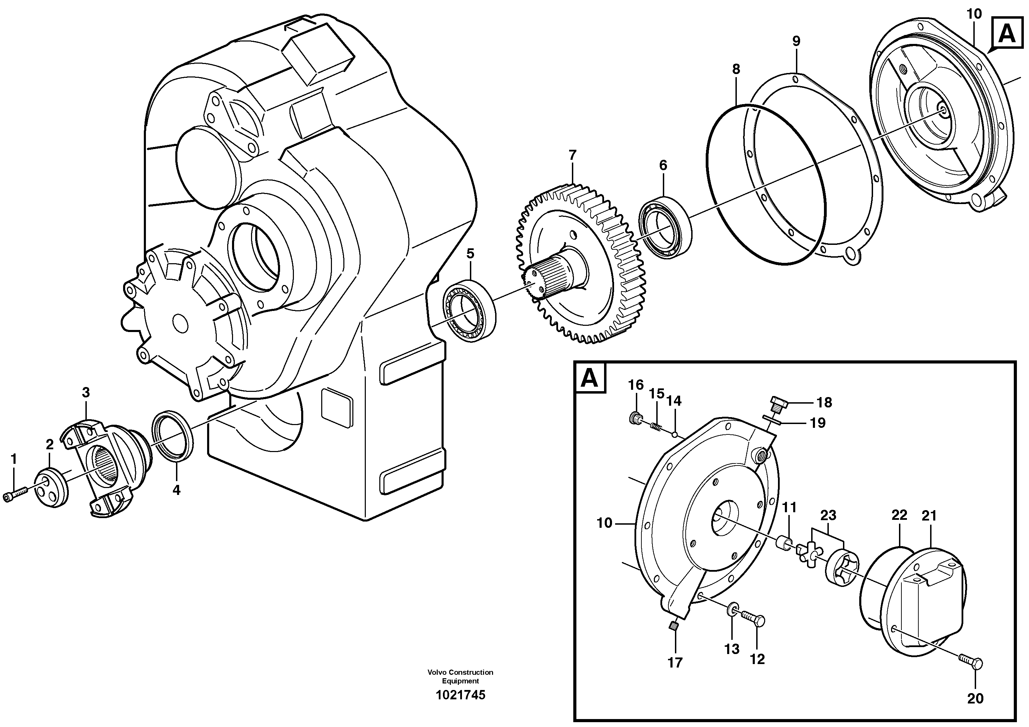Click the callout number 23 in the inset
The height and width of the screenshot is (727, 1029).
(x=828, y=515)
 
